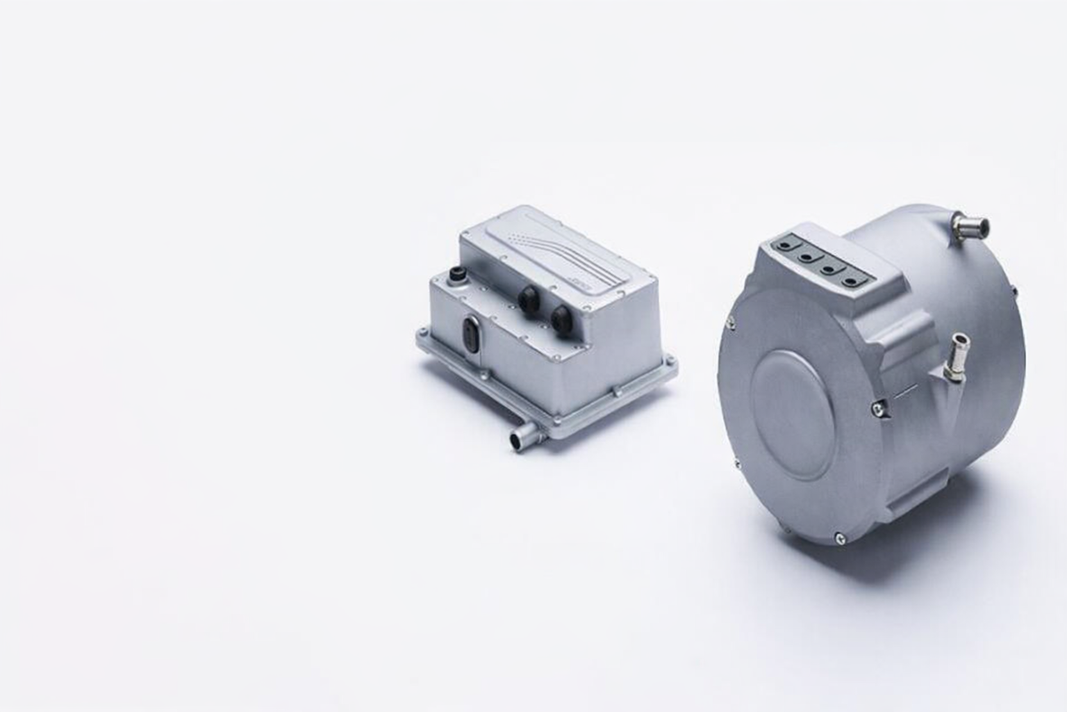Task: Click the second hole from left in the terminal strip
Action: [x=807, y=256]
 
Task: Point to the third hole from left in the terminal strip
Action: [x=828, y=267]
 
